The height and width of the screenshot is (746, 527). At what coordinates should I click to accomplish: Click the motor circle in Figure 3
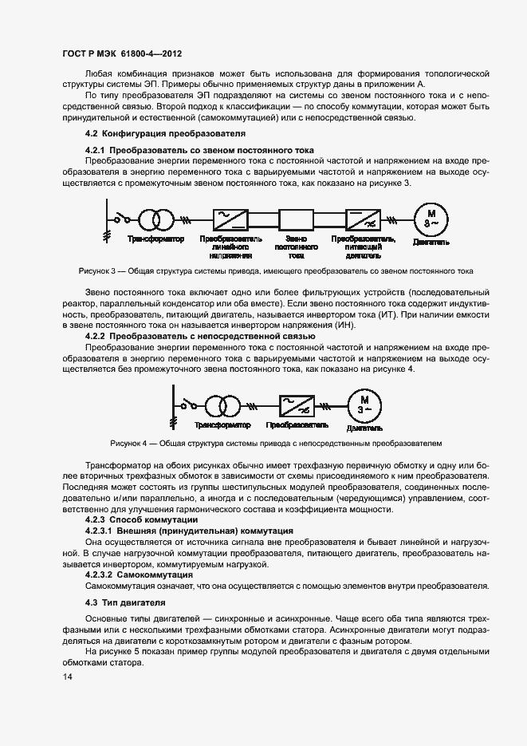pyautogui.click(x=431, y=219)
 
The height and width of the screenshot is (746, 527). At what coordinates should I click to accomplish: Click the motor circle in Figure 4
pyautogui.click(x=364, y=405)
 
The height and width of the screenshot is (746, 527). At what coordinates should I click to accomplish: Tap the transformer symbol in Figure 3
pyautogui.click(x=155, y=219)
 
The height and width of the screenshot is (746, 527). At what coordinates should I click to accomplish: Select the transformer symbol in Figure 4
pyautogui.click(x=222, y=405)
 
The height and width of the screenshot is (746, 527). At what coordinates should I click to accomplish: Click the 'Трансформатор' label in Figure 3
pyautogui.click(x=155, y=239)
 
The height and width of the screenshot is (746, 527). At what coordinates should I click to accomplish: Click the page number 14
pyautogui.click(x=67, y=677)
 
